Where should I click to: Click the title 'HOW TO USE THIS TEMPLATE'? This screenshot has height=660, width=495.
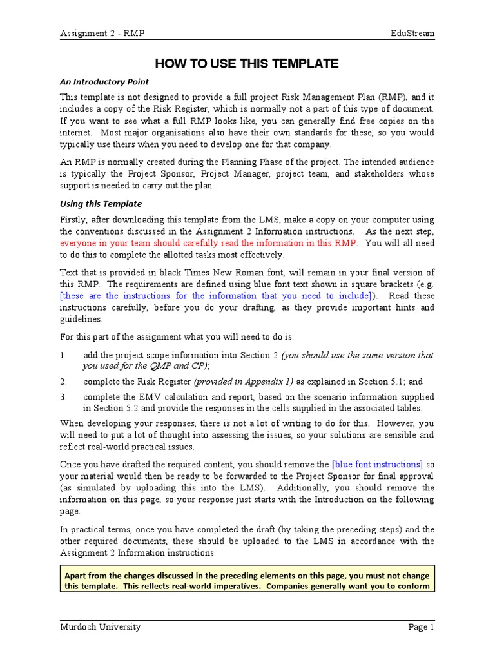coord(247,63)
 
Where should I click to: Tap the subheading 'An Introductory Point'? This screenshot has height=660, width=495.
coord(104,82)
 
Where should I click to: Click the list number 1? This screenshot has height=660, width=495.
coord(63,355)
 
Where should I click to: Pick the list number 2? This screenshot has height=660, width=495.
coord(63,381)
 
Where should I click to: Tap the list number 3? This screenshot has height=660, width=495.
coord(63,397)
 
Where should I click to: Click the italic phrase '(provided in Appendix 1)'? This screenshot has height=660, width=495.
coord(242,381)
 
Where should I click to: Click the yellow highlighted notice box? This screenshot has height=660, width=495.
coord(247,580)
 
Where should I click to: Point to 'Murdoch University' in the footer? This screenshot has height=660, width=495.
coord(101,627)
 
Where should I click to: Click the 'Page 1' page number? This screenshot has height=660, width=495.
coord(422,627)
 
